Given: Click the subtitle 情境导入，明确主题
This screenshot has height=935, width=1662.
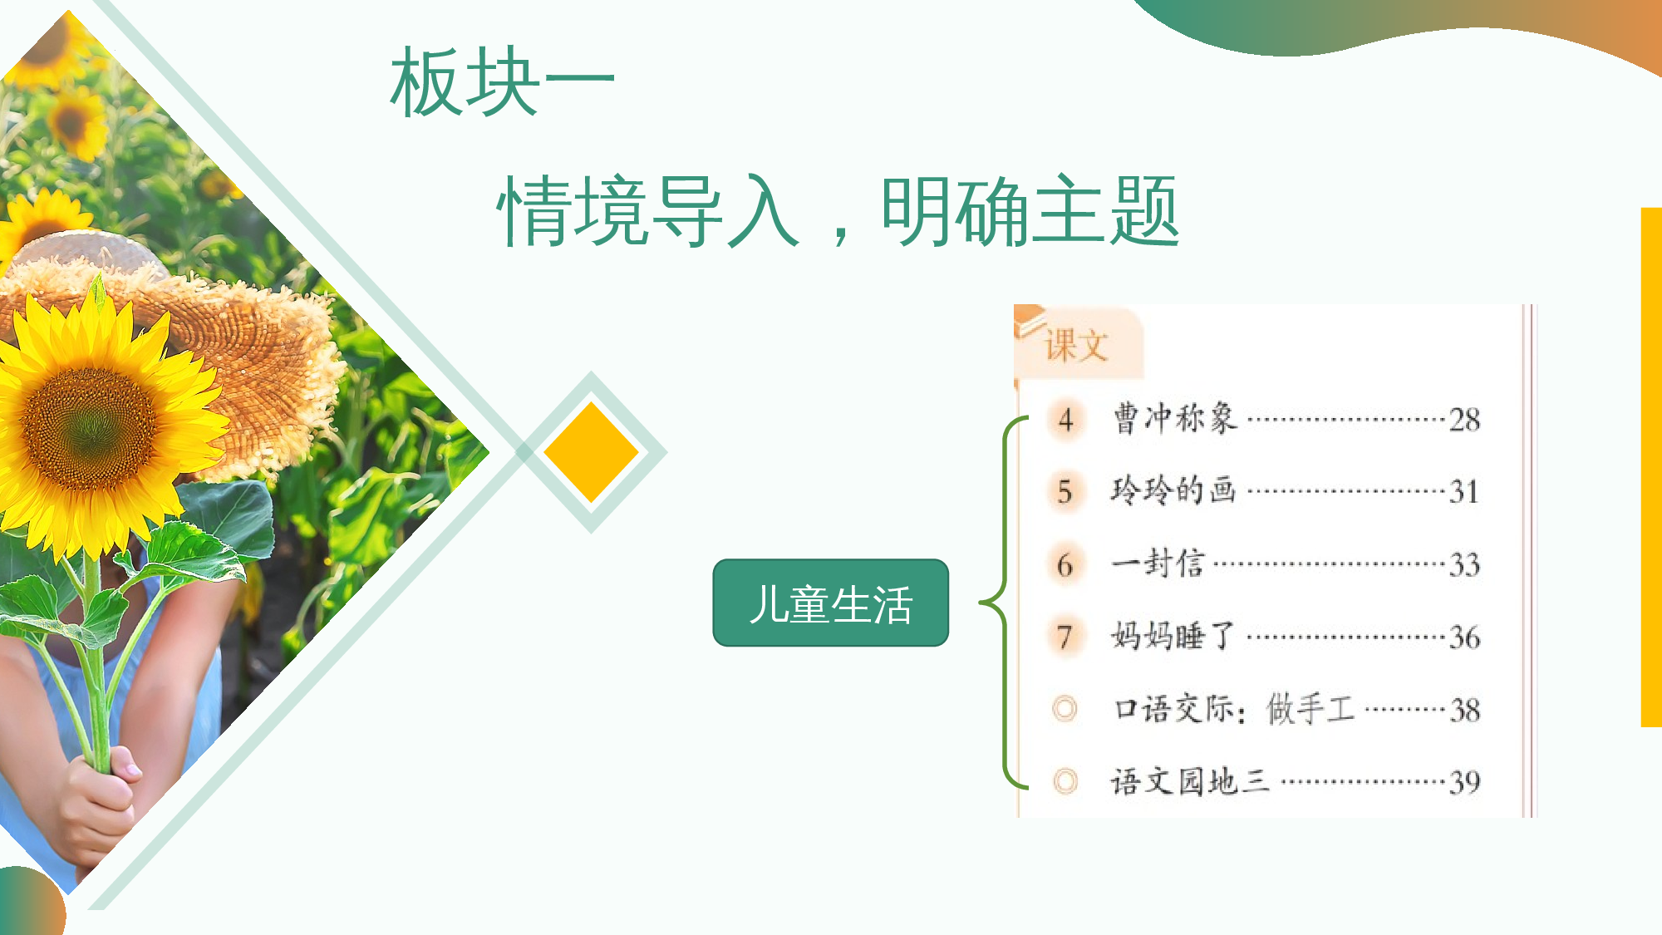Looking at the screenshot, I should tap(838, 211).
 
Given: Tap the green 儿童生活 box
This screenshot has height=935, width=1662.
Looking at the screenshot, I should tap(830, 603).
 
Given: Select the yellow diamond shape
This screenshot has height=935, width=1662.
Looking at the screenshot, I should tap(591, 452).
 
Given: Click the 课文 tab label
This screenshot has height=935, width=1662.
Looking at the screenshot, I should tap(1077, 345).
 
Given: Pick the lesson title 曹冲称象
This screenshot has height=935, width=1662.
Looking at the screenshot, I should tap(1175, 419).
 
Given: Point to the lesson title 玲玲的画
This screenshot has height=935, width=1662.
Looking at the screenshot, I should tap(1173, 490).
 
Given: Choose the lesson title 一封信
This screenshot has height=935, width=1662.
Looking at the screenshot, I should tap(1158, 563).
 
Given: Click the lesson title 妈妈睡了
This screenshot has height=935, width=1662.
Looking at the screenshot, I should tap(1173, 637).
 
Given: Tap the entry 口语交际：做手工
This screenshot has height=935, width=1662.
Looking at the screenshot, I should tap(1234, 709).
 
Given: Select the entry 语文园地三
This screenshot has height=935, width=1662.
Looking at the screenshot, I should tap(1190, 781).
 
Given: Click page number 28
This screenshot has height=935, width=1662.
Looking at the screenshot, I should tap(1464, 420).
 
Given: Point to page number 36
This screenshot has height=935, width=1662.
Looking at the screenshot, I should tap(1464, 637).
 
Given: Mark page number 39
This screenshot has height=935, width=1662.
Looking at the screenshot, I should tap(1464, 782).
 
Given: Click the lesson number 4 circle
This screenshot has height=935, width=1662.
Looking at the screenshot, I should tap(1065, 420).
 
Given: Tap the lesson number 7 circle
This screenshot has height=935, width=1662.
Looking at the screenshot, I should tap(1065, 637).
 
